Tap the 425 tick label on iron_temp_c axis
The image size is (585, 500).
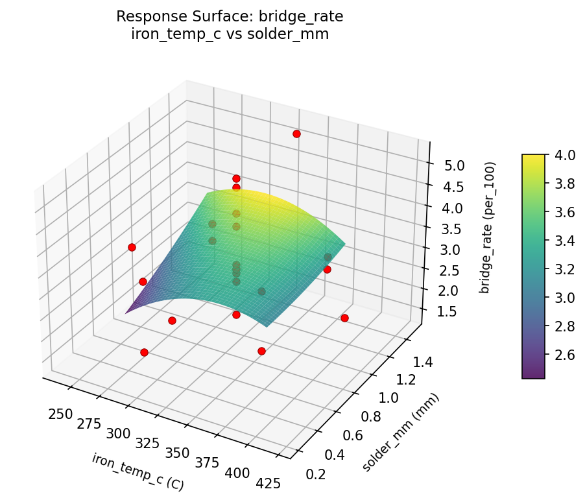(x=268, y=482)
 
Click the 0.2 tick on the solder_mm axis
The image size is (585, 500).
(x=316, y=474)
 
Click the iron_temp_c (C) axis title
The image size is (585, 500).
(x=137, y=472)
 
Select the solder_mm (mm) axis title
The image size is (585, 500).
(x=400, y=433)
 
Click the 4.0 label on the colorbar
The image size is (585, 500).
(x=562, y=155)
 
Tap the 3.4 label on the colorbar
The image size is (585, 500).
(x=562, y=241)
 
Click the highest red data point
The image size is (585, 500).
(x=296, y=134)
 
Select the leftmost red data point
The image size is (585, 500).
(x=132, y=247)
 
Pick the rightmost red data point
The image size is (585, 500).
(x=344, y=318)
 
